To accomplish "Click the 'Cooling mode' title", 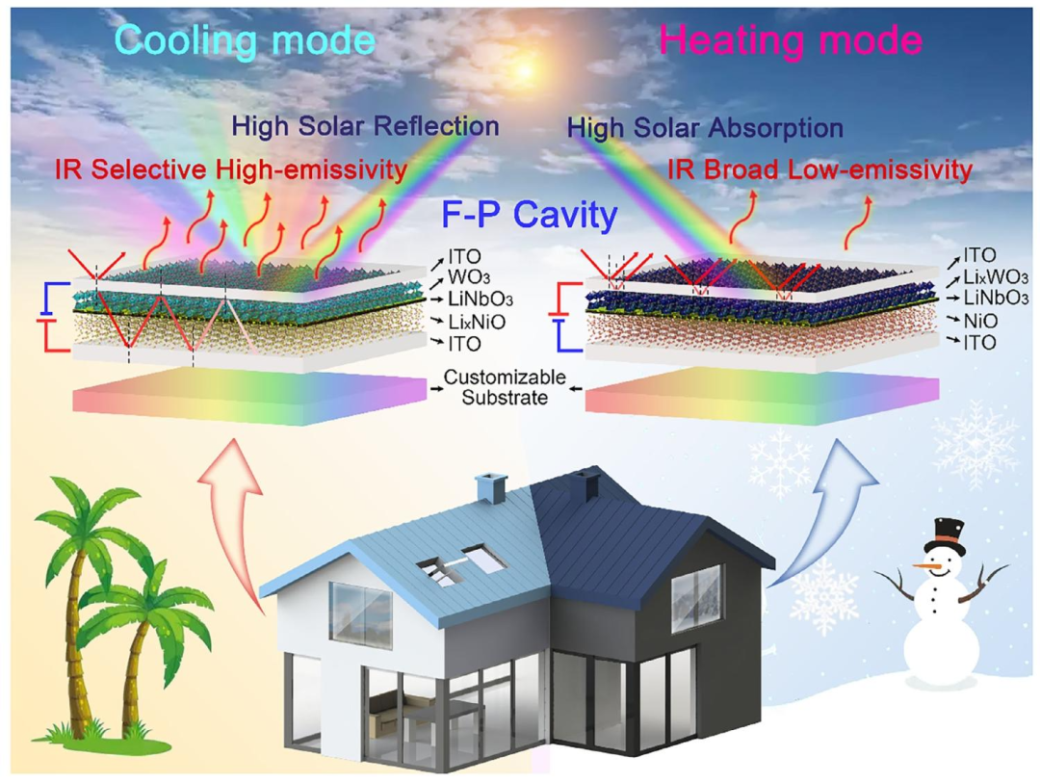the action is click(x=246, y=39).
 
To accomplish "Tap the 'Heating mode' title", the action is click(x=791, y=39).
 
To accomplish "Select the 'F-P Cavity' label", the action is click(x=530, y=214).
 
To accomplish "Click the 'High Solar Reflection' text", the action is click(x=366, y=125).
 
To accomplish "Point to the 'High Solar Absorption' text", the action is click(x=705, y=127).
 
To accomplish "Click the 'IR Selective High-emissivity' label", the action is click(x=231, y=169).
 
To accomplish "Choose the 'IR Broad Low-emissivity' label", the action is click(x=819, y=169).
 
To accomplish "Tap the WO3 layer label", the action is click(x=469, y=277).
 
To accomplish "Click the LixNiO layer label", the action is click(x=477, y=322).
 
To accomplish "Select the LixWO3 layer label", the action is click(x=996, y=276).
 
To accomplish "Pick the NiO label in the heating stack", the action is click(x=980, y=321).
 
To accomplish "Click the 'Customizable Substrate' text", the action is click(x=505, y=387).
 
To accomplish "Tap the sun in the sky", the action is click(x=525, y=69).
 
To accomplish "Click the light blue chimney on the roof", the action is click(x=491, y=488).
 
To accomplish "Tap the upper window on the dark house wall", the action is click(x=696, y=598).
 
